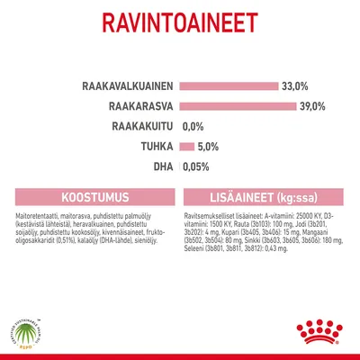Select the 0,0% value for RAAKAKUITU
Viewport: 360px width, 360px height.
pyautogui.click(x=194, y=127)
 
